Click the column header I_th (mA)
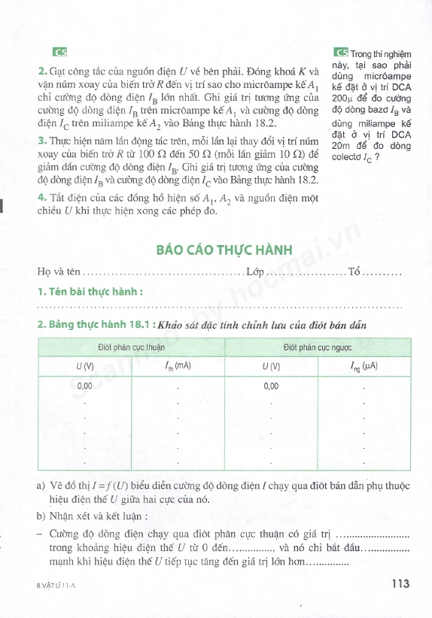click(178, 367)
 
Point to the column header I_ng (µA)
click(363, 367)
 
